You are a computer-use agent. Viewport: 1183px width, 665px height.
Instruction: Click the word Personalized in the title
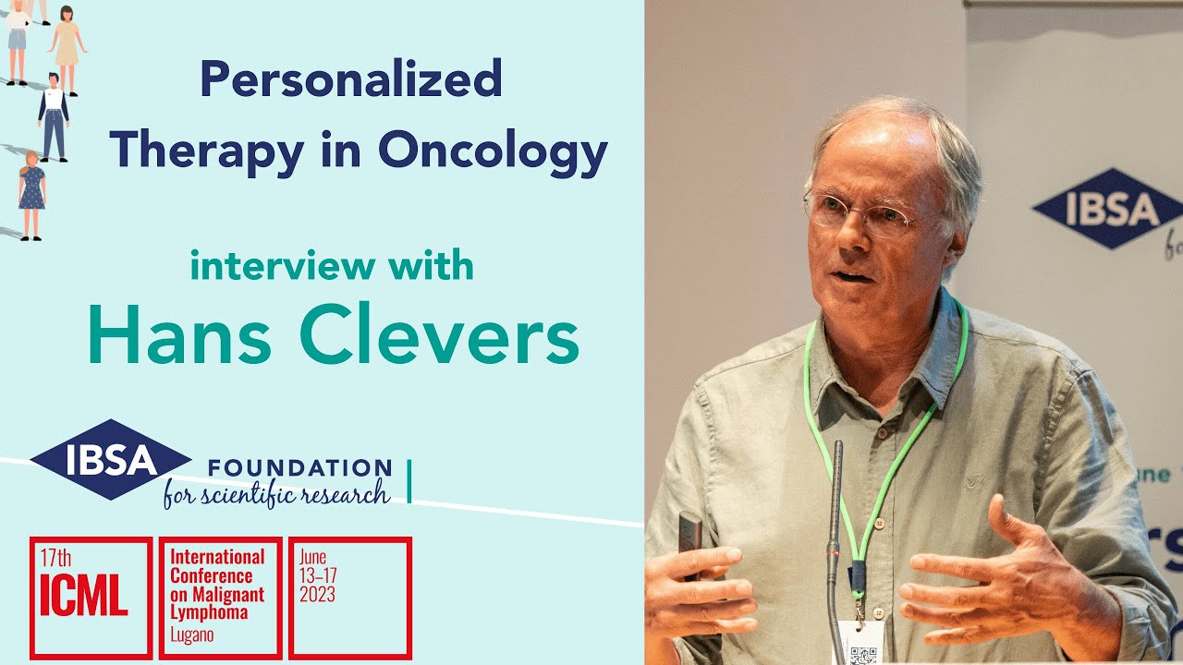point(351,81)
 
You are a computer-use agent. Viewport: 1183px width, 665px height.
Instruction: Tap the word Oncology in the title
point(493,151)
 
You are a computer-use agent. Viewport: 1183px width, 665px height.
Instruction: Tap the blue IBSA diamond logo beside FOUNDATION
point(111,459)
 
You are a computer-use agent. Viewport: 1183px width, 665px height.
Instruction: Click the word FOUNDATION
point(299,467)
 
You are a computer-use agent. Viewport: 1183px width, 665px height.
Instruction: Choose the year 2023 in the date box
point(317,596)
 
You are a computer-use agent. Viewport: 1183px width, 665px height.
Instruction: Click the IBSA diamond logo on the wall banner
point(1096,209)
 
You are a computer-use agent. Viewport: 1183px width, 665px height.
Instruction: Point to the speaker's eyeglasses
point(860,215)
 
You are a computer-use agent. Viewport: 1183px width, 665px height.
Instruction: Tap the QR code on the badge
point(861,654)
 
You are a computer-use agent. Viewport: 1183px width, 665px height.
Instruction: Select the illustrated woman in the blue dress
point(31,195)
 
